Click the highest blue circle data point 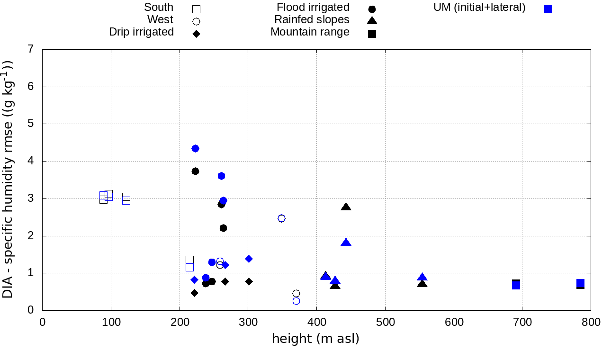click(x=195, y=148)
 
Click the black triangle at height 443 click(x=346, y=207)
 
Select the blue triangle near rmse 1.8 click(x=346, y=243)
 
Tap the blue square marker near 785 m click(x=580, y=283)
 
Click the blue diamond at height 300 click(x=249, y=259)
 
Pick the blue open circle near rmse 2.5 click(x=281, y=218)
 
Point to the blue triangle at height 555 click(x=422, y=277)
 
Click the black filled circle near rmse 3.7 click(x=195, y=171)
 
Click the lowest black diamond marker click(x=194, y=293)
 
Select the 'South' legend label click(x=159, y=8)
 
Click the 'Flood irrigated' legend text click(x=313, y=8)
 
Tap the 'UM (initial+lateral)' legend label click(x=479, y=8)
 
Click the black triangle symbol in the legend click(x=372, y=20)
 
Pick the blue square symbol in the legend click(x=548, y=9)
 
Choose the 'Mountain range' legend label click(x=310, y=32)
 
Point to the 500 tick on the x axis click(x=385, y=323)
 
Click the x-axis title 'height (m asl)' click(x=315, y=339)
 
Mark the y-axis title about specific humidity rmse click(x=9, y=180)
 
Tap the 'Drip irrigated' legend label click(x=141, y=32)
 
